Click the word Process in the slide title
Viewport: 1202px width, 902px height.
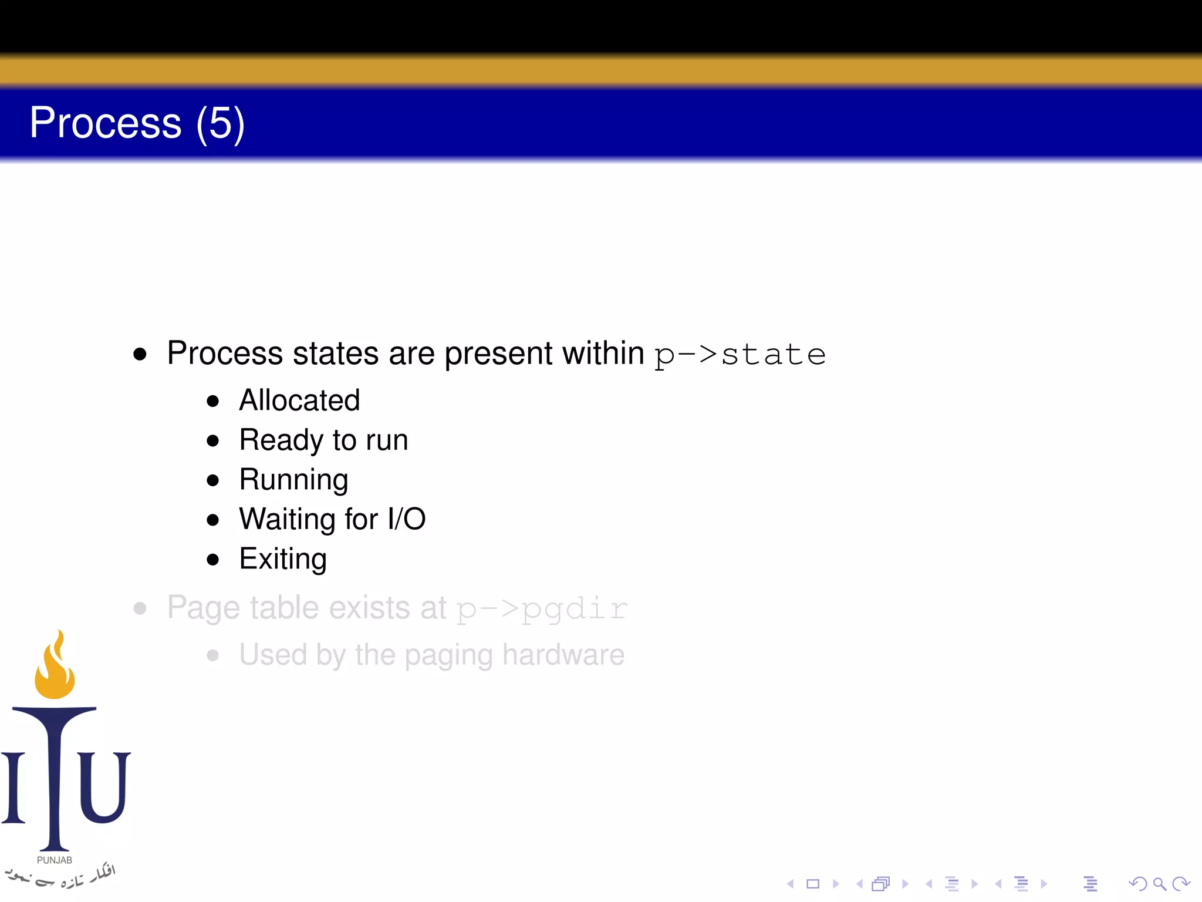click(x=106, y=123)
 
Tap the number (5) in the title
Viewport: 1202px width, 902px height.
click(x=220, y=123)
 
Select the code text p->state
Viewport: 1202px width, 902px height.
click(x=740, y=354)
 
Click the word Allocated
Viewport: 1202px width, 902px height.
click(x=299, y=400)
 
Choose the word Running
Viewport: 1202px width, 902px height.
click(x=293, y=480)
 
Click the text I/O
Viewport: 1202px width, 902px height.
click(x=406, y=519)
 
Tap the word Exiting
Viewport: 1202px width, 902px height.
click(x=283, y=558)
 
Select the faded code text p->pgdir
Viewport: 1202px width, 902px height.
click(x=542, y=608)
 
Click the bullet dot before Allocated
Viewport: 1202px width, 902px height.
click(x=213, y=402)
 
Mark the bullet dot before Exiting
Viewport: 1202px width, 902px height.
click(x=213, y=560)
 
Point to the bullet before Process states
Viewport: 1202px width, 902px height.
click(x=140, y=354)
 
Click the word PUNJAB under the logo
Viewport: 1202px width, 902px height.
click(x=55, y=860)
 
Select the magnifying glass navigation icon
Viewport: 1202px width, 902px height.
click(x=1159, y=884)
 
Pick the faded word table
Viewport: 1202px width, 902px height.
click(x=285, y=608)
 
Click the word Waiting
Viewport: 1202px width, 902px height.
click(x=288, y=519)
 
